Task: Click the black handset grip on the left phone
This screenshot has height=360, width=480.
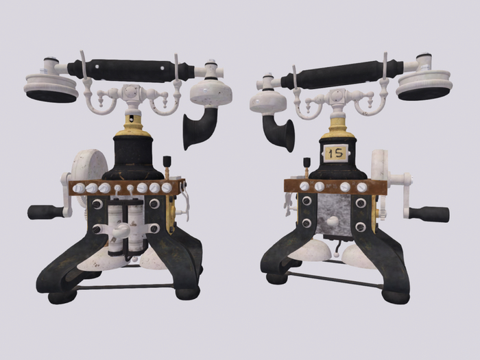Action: pyautogui.click(x=130, y=71)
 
